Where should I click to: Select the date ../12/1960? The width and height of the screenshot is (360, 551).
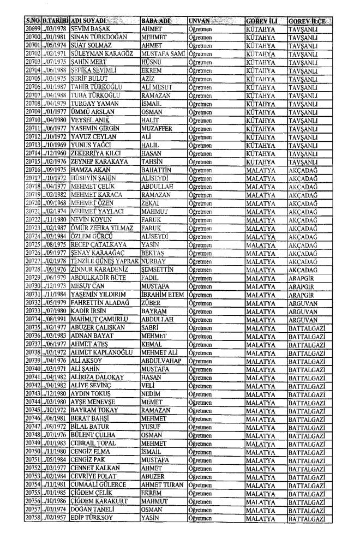pos(57,139)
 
